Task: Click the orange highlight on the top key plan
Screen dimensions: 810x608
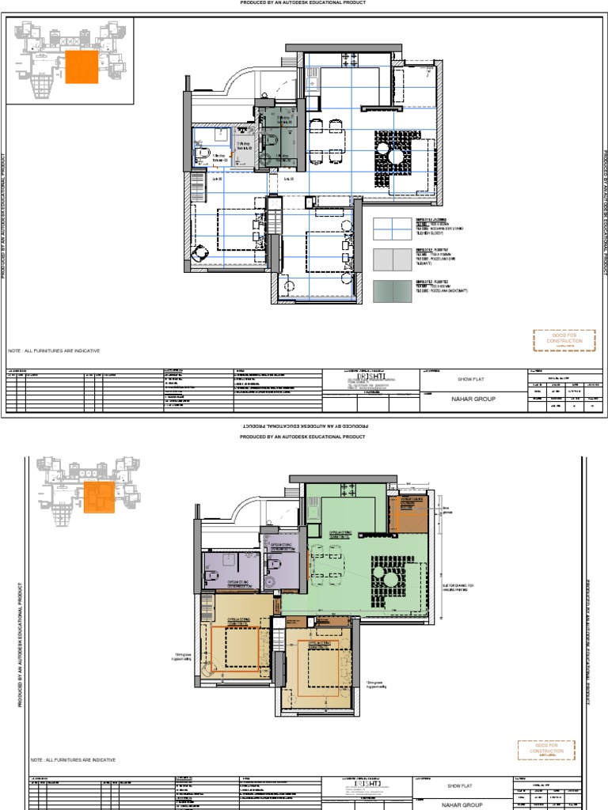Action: pyautogui.click(x=82, y=66)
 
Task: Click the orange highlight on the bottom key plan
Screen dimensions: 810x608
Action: pyautogui.click(x=100, y=496)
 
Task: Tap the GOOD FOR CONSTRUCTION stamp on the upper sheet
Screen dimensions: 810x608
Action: pyautogui.click(x=564, y=341)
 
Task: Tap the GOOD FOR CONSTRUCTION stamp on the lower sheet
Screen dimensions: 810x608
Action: pyautogui.click(x=546, y=750)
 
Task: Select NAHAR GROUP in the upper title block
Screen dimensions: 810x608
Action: pyautogui.click(x=473, y=399)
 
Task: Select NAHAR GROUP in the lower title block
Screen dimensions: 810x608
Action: pyautogui.click(x=462, y=802)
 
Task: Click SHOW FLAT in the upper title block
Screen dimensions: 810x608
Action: pyautogui.click(x=473, y=380)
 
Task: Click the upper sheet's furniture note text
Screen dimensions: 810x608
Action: pyautogui.click(x=55, y=350)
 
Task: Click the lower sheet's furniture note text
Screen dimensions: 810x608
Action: pyautogui.click(x=74, y=759)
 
